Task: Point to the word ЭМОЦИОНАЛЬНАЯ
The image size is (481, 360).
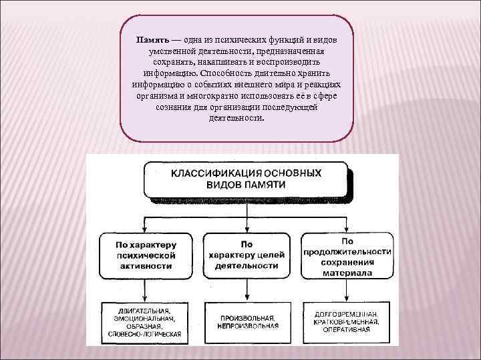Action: pos(142,318)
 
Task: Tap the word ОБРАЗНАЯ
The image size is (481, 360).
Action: pos(142,326)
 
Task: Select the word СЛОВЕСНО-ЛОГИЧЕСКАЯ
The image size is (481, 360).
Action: pos(142,334)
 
